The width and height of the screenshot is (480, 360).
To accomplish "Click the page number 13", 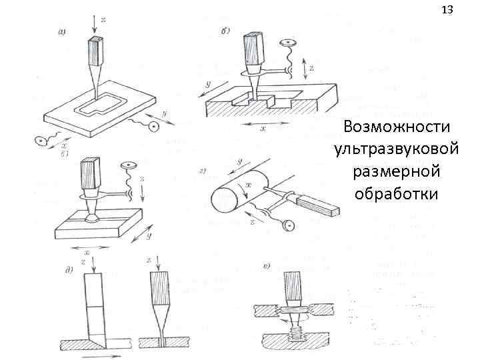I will pos(447,10).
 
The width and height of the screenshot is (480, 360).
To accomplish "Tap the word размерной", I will pos(397,171).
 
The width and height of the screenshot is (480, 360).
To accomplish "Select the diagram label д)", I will pos(69,269).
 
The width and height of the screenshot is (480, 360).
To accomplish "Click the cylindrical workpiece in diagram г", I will pos(227,197).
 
